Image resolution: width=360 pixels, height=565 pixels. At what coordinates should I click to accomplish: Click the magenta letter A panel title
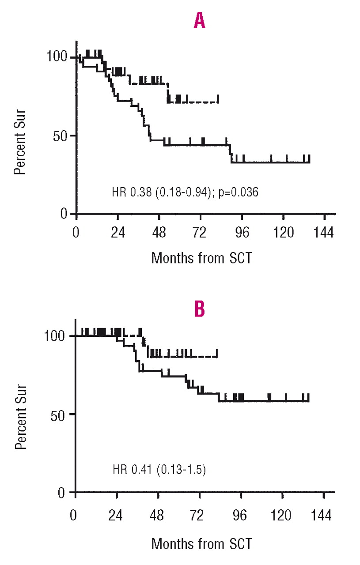point(200,22)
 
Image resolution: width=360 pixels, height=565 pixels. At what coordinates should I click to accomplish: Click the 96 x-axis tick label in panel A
point(242,233)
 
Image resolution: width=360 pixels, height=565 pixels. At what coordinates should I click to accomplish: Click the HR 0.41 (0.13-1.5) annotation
point(159,468)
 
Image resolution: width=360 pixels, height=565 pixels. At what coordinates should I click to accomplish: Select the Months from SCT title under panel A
point(201,258)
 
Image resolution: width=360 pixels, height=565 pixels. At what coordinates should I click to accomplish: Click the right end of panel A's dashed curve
point(218,102)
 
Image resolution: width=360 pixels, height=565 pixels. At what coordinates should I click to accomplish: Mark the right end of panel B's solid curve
point(308,401)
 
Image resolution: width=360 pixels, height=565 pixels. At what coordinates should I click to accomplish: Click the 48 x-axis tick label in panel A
point(159,233)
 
